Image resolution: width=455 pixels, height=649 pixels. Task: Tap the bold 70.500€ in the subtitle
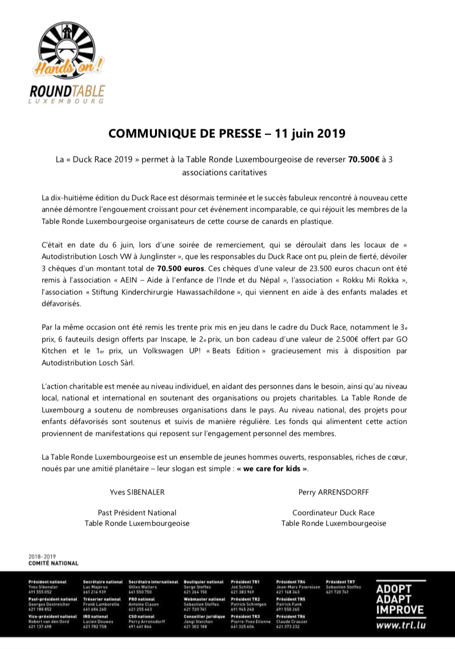point(364,159)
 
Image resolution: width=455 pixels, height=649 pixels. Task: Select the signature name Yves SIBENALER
point(137,492)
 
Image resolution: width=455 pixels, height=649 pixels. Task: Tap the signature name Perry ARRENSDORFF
point(334,492)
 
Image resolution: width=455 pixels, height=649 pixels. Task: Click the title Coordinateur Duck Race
point(334,513)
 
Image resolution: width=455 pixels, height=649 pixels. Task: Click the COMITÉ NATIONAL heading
point(54,563)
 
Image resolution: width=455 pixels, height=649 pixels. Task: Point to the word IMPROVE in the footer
point(400,610)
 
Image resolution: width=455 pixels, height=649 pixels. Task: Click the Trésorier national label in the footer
point(102,599)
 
